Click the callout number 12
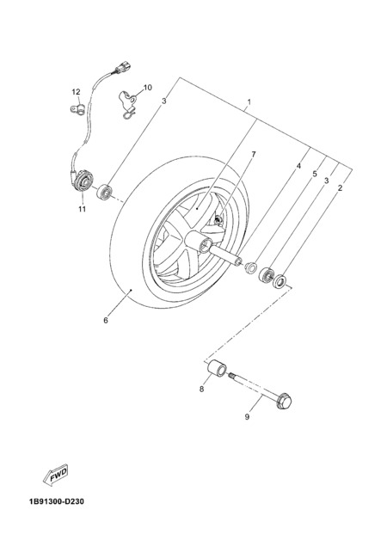coord(76,92)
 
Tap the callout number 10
coord(148,88)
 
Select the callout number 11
coord(82,209)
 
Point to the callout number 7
coord(254,155)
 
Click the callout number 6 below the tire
coord(106,320)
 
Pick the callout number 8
coord(202,389)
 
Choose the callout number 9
coord(248,416)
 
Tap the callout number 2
coord(340,187)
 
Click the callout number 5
coord(315,174)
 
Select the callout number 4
coord(298,166)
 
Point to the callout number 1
coord(249,101)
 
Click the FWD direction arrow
coord(56,474)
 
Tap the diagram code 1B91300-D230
coord(57,501)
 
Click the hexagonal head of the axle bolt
coord(285,402)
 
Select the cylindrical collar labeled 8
coord(216,369)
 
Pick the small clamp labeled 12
coord(77,109)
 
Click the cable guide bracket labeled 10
coord(128,104)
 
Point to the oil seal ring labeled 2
coord(280,281)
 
